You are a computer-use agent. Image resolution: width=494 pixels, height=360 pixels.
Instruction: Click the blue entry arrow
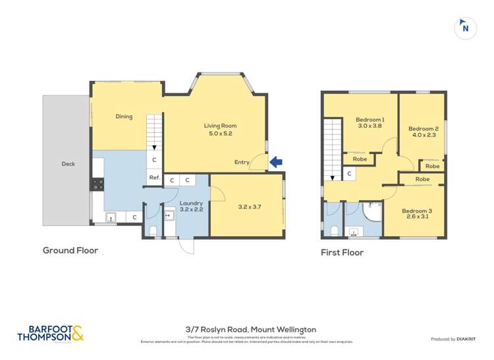click(x=277, y=161)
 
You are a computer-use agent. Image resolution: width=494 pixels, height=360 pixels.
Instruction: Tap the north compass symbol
click(x=466, y=28)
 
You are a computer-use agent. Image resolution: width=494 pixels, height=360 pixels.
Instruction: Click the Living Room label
click(x=220, y=126)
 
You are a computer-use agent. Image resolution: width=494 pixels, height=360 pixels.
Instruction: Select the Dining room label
click(x=124, y=116)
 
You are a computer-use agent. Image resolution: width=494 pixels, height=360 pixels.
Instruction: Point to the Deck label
click(x=69, y=164)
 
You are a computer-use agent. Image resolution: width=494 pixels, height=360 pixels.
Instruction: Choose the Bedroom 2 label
click(x=423, y=129)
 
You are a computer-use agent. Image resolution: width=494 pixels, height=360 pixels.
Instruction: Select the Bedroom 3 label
click(x=417, y=211)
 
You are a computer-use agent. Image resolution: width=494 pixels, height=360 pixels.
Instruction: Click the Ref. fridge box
click(x=154, y=178)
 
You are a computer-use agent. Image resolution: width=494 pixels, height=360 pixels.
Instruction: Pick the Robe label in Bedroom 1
click(x=360, y=159)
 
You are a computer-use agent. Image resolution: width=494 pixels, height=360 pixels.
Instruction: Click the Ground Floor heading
click(x=70, y=250)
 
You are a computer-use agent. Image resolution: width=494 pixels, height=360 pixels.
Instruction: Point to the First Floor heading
click(x=342, y=252)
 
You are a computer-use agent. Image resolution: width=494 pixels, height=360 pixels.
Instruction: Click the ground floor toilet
click(x=153, y=230)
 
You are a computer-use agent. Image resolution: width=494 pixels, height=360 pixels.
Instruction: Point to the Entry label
click(x=242, y=162)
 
